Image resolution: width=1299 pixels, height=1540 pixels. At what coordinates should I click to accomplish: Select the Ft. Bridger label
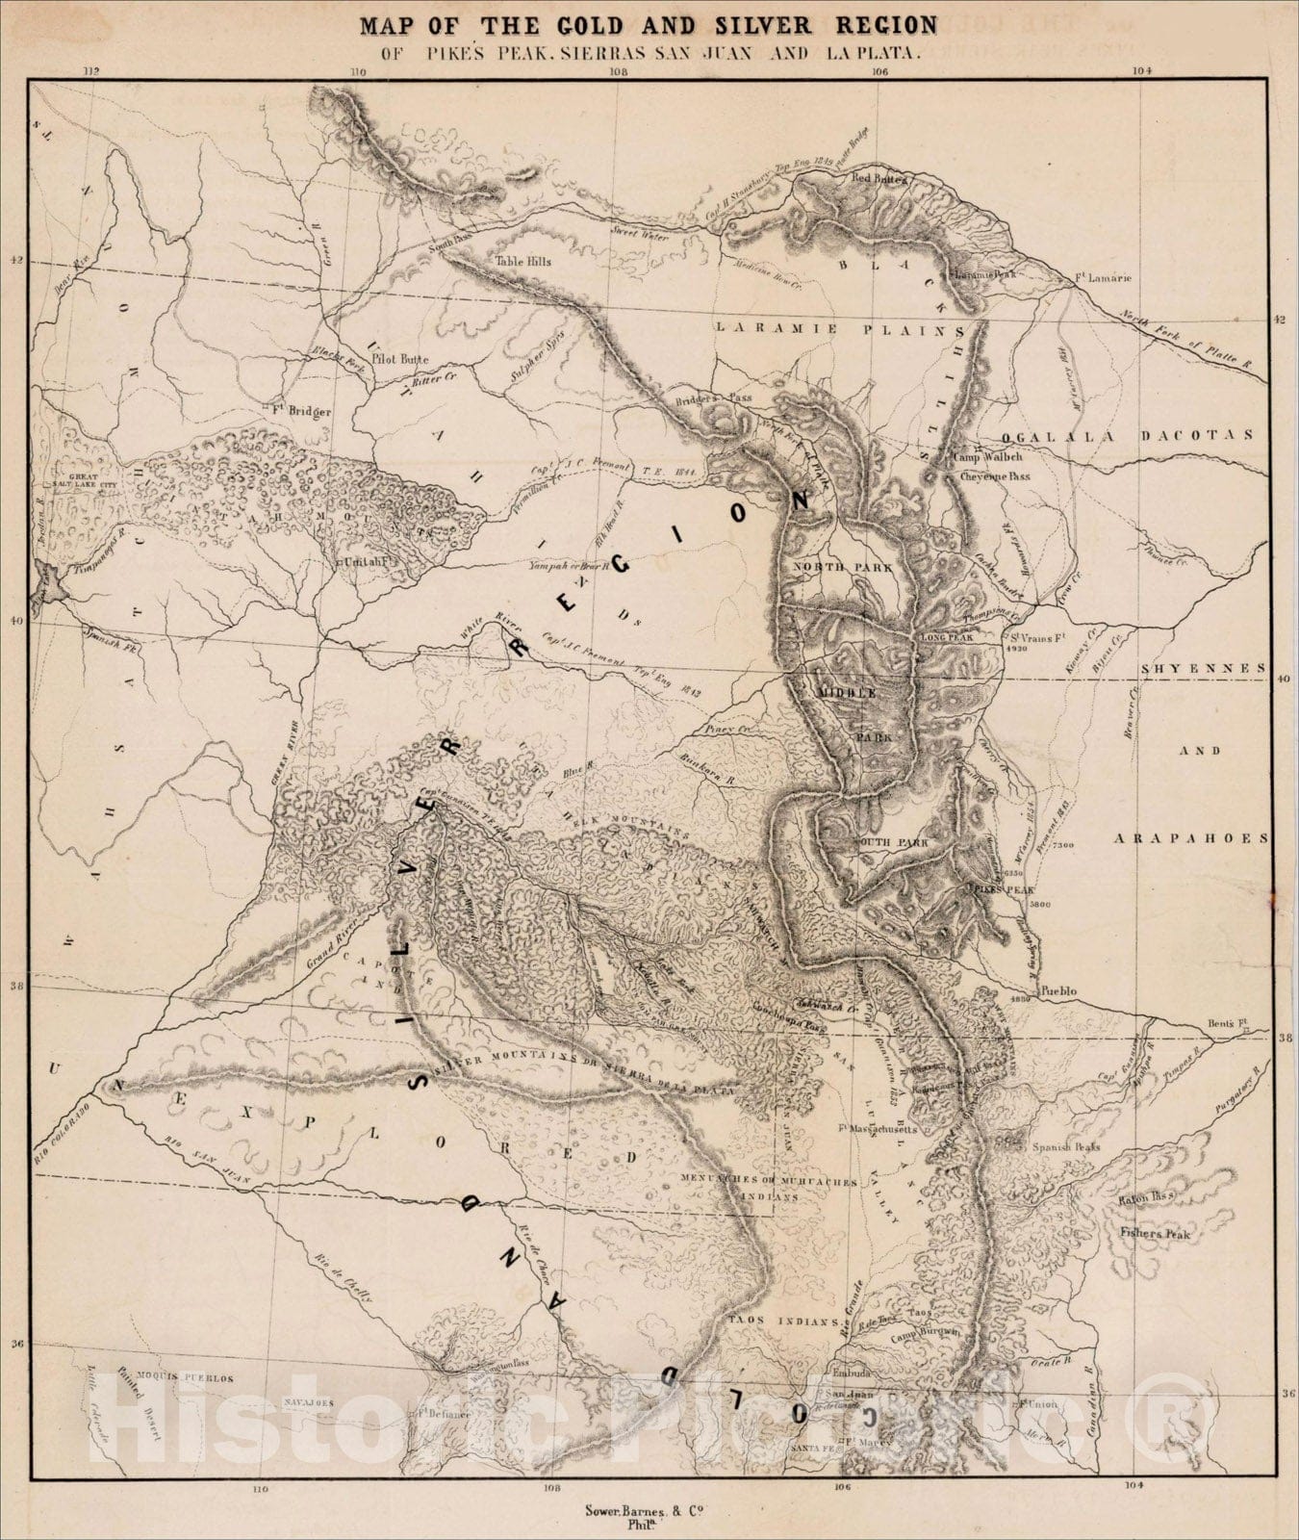click(303, 411)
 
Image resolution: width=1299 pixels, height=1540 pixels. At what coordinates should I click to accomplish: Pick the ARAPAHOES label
click(1191, 838)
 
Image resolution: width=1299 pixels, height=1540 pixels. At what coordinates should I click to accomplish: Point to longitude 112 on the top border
click(91, 70)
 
